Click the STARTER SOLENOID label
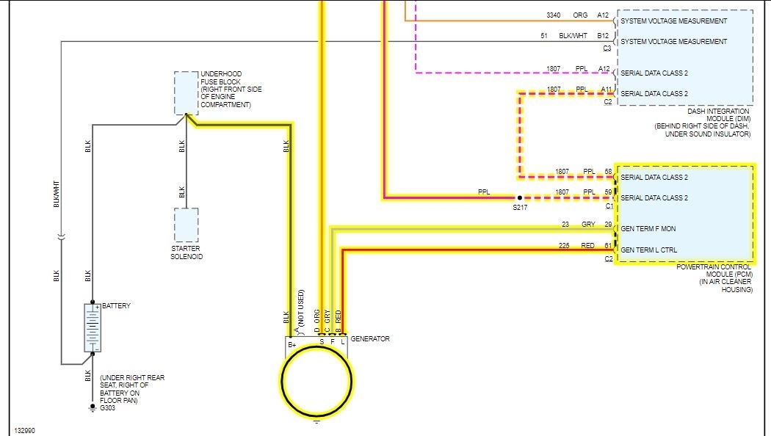[187, 252]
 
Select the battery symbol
[92, 327]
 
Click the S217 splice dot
[518, 198]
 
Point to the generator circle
[316, 380]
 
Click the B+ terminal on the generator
[292, 344]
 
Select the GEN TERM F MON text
[648, 229]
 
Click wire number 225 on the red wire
[563, 245]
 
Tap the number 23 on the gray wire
[565, 224]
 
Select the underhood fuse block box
[186, 93]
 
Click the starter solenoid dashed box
[186, 225]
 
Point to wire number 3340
[554, 15]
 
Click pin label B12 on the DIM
[603, 35]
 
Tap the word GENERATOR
[370, 339]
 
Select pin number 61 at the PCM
[608, 245]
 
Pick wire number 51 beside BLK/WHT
[544, 35]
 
